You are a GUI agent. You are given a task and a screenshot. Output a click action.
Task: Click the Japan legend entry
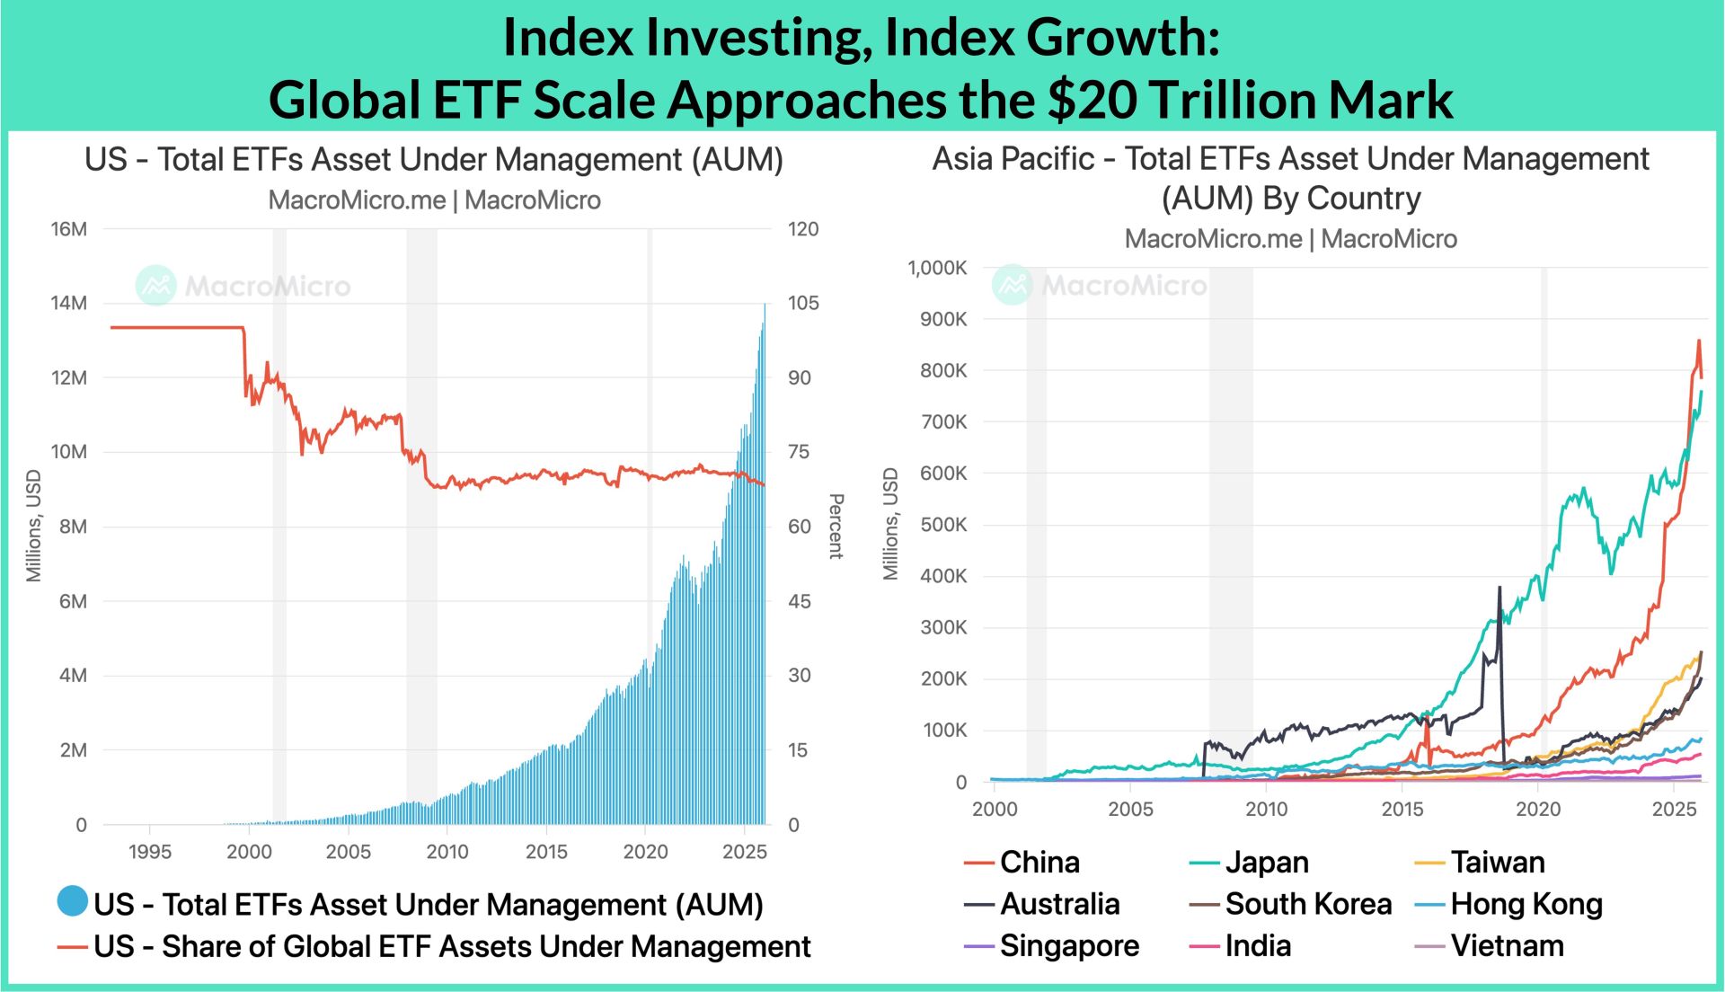(1266, 863)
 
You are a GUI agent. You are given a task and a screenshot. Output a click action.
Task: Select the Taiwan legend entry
(1497, 863)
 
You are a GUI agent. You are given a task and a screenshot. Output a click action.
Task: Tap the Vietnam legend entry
(1507, 946)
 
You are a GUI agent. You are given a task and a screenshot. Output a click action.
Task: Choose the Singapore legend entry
(1069, 946)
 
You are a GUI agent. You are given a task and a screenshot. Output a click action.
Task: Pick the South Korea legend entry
(1307, 904)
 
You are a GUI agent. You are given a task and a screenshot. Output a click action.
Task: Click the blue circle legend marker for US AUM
(73, 901)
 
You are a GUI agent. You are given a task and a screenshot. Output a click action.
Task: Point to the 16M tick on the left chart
(69, 229)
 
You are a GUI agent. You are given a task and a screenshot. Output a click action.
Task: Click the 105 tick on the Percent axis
(802, 304)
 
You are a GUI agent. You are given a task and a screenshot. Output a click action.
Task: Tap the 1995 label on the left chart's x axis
(150, 852)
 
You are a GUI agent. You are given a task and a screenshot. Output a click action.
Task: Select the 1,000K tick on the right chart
(937, 268)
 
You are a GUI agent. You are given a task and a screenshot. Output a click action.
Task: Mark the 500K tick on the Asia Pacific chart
(942, 525)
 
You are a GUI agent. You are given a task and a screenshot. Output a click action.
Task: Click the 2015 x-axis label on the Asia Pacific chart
(1402, 809)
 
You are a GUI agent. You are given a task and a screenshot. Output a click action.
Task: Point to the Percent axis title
(836, 526)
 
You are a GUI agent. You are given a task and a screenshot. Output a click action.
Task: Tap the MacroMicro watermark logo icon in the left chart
(156, 286)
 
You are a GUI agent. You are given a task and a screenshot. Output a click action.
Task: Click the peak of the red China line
(1698, 341)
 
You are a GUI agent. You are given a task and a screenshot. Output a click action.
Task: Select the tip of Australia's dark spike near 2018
(1499, 588)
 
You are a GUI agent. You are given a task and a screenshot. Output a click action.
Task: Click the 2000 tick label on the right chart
(995, 809)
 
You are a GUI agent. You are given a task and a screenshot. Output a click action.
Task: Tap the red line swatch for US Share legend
(73, 947)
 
